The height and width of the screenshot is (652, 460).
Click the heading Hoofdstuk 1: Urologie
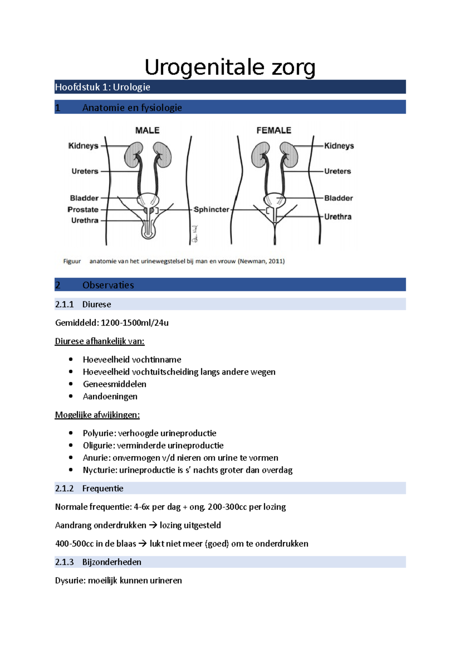(102, 87)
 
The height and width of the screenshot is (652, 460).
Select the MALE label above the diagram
(147, 131)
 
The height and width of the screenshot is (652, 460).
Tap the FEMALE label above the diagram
(274, 131)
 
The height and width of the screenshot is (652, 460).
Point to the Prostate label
(83, 210)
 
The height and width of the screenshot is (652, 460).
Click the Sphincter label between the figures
(211, 210)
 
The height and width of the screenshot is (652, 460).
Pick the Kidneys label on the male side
(83, 146)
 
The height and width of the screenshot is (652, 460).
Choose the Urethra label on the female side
(338, 217)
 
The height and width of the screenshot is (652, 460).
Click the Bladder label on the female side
(338, 198)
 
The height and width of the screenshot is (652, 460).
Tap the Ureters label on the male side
(85, 171)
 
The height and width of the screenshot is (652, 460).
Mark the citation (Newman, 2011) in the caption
(261, 261)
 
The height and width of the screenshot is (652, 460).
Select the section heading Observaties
(108, 285)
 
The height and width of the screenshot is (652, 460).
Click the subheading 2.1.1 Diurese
(83, 304)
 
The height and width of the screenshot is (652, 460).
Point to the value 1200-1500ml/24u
(135, 323)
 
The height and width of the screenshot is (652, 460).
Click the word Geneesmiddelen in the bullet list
(115, 384)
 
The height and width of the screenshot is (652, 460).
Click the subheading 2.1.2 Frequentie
(89, 488)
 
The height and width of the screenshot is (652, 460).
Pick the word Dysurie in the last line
(70, 581)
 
